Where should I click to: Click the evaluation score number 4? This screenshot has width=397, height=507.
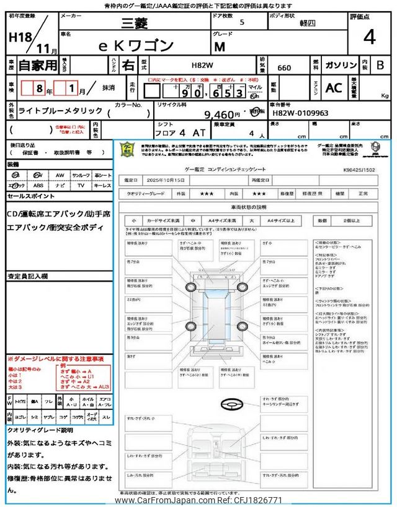(x=369, y=38)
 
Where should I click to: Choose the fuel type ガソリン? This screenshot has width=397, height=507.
(x=339, y=64)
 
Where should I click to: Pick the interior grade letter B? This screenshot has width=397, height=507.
(x=380, y=64)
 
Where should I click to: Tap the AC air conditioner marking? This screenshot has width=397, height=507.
(x=334, y=88)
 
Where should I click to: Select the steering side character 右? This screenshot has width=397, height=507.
(x=127, y=64)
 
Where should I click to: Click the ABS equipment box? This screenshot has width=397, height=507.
(x=38, y=184)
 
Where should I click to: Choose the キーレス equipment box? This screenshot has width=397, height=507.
(x=102, y=184)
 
